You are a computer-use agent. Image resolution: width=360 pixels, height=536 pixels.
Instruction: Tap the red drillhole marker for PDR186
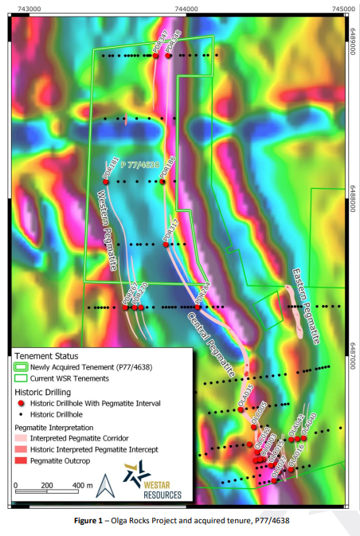[x=162, y=182]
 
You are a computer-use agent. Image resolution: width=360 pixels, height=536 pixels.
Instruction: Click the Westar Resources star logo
[x=136, y=475]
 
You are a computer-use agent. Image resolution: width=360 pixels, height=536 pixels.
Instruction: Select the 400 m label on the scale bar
[x=83, y=484]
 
